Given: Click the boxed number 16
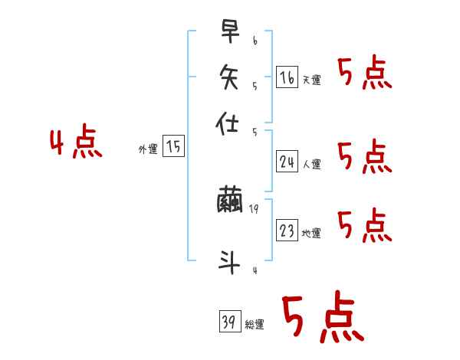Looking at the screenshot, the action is tap(287, 77).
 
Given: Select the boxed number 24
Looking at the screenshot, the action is tap(287, 161).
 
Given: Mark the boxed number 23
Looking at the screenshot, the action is tap(287, 231).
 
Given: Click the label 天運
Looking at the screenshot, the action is tap(311, 80).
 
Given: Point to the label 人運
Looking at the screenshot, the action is tap(311, 164).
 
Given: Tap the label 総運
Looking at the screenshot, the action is tap(254, 325).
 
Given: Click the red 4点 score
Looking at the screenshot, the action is tap(76, 144).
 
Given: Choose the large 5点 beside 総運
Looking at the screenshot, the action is tap(322, 319).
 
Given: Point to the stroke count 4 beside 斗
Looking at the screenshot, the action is tap(254, 270).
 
